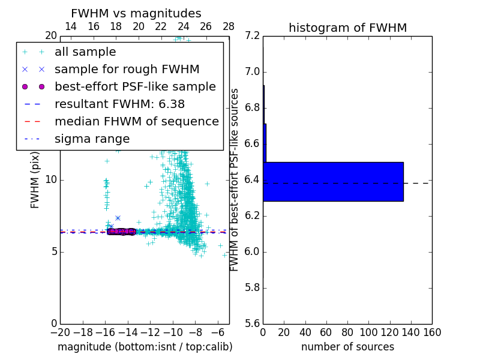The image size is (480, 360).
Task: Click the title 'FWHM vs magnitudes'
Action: coord(136,13)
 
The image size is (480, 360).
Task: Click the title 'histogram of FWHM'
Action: coord(347,28)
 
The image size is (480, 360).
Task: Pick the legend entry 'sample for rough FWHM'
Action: coord(127,70)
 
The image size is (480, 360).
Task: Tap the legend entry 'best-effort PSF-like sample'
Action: coord(135,86)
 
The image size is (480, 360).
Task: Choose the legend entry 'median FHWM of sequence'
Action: coord(136,121)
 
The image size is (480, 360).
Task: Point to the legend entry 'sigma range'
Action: coord(92,139)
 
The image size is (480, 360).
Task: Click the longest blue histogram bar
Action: coord(333,182)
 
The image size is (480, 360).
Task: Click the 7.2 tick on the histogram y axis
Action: coord(253,36)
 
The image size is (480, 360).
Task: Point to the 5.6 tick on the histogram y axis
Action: coord(253,323)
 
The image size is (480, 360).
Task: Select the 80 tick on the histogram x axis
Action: coord(347,332)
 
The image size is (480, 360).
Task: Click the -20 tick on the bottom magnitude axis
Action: coord(59,332)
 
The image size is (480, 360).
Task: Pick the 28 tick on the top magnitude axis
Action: coord(229,26)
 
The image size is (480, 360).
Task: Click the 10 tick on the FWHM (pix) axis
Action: coord(51,179)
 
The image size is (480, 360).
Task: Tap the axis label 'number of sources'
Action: coord(347,347)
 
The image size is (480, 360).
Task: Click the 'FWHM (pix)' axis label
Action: coord(35,179)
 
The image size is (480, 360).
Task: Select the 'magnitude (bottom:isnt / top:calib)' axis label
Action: coord(145,347)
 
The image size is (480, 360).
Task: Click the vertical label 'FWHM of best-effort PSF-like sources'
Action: coord(235,179)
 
